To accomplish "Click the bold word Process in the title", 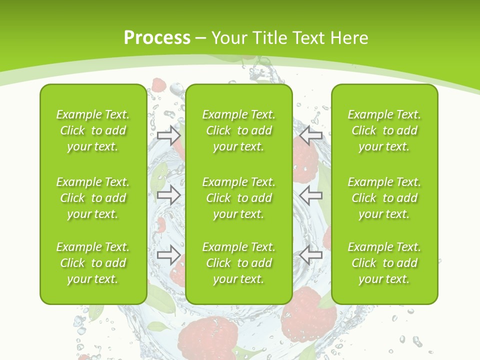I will [x=157, y=38].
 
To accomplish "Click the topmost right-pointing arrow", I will [x=169, y=135].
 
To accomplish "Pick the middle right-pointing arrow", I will [x=169, y=195].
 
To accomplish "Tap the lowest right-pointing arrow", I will [x=169, y=255].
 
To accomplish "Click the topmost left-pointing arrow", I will [x=311, y=135].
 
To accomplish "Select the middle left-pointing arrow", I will [x=311, y=195].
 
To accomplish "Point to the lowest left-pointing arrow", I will [x=311, y=255].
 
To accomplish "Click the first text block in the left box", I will [x=93, y=130].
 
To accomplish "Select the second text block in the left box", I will [x=93, y=198].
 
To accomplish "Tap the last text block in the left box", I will [x=93, y=263].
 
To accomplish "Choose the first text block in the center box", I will [x=239, y=130].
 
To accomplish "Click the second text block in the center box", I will [x=239, y=198].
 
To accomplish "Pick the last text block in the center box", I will [x=239, y=263].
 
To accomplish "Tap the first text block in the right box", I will [x=384, y=130].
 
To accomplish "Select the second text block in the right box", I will [x=384, y=198].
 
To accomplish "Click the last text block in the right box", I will [x=384, y=263].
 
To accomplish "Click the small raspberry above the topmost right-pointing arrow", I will [x=159, y=85].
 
